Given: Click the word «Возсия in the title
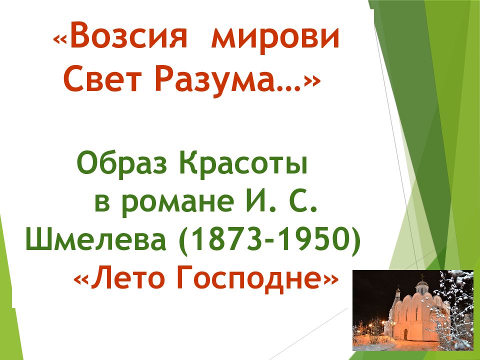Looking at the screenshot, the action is click(x=120, y=38).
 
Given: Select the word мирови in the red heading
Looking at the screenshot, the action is click(x=275, y=40).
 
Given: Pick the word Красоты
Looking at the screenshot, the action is click(x=243, y=164).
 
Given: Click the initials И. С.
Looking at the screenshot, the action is click(x=280, y=200).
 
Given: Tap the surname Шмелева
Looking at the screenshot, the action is click(x=96, y=239).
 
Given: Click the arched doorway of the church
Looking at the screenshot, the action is click(x=405, y=334).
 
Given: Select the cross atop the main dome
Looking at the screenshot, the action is click(x=423, y=277).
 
